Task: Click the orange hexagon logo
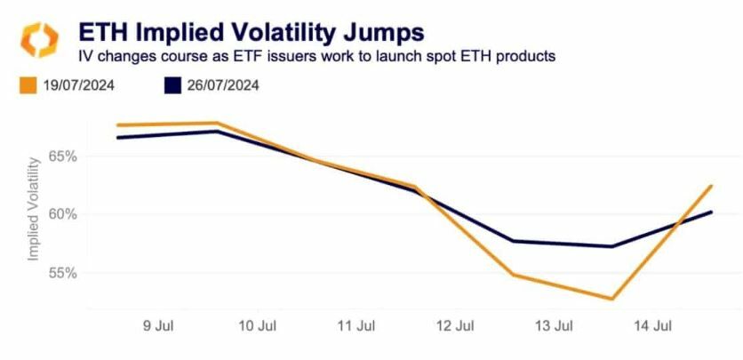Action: click(40, 41)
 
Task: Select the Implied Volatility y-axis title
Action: click(35, 210)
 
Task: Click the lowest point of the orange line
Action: click(612, 299)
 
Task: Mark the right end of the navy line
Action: click(712, 212)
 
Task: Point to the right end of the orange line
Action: click(712, 186)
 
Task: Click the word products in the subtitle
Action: click(529, 56)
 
